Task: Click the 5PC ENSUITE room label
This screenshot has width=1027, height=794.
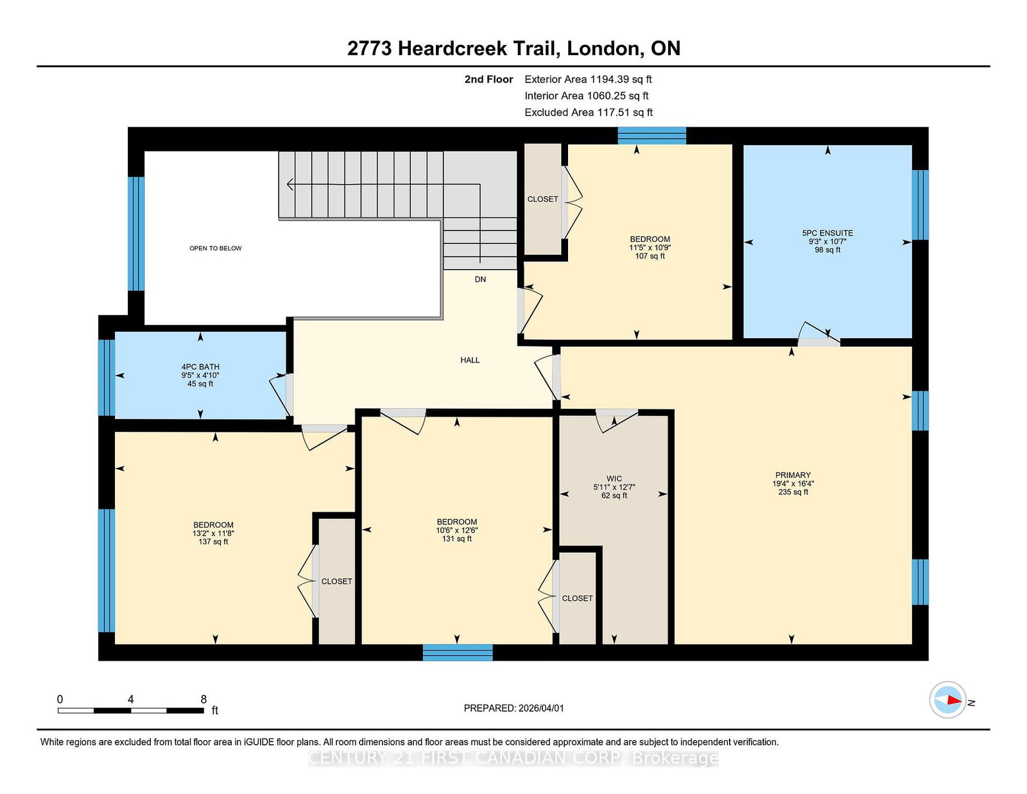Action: click(x=827, y=233)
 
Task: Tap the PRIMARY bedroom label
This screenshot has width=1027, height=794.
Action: click(x=793, y=475)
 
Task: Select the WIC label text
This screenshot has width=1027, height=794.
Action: click(x=614, y=478)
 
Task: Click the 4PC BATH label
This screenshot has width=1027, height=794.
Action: click(x=200, y=367)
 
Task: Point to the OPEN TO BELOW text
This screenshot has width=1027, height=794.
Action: click(x=216, y=248)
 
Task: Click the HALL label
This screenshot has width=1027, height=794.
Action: click(x=470, y=360)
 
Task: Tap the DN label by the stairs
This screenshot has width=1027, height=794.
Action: click(x=480, y=279)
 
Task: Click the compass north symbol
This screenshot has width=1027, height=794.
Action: click(x=948, y=700)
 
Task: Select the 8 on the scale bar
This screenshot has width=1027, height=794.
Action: click(x=203, y=700)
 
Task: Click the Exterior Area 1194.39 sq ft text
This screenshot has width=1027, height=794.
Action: click(x=588, y=80)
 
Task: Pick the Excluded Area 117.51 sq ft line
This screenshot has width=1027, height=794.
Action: click(x=589, y=112)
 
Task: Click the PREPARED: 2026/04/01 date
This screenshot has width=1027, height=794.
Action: click(x=513, y=708)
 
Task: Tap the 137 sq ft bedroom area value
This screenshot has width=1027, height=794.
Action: click(x=213, y=542)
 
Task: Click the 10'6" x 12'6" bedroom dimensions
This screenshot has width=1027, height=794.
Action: click(x=457, y=530)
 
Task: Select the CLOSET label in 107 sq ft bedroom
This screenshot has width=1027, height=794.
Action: click(x=542, y=199)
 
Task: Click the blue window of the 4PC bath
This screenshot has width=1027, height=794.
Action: click(x=107, y=377)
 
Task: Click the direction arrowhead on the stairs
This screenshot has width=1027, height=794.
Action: click(x=290, y=184)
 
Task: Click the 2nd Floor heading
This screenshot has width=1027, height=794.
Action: click(x=488, y=80)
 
